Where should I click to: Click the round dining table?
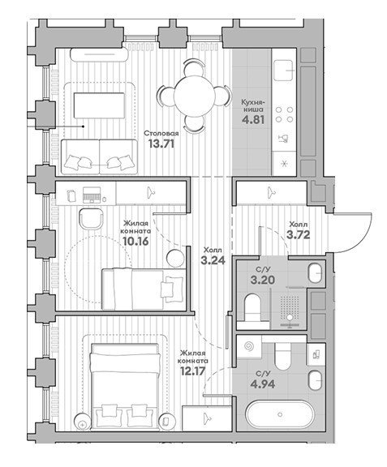(195, 96)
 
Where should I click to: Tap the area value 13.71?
(161, 144)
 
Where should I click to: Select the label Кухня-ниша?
(252, 105)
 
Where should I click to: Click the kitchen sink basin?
(283, 71)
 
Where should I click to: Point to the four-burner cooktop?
(284, 114)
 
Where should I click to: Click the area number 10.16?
(135, 241)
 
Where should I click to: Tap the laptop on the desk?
(92, 195)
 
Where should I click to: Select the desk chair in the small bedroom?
(92, 219)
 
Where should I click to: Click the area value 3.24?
(213, 260)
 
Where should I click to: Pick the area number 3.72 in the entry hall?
(298, 234)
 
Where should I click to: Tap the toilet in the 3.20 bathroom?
(252, 307)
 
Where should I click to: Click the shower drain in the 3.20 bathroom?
(290, 318)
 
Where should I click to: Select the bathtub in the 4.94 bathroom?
(279, 414)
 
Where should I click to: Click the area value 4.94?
(262, 384)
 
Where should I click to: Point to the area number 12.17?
(193, 371)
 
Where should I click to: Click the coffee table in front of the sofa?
(99, 105)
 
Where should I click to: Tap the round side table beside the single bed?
(174, 258)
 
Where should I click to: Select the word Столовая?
(161, 133)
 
